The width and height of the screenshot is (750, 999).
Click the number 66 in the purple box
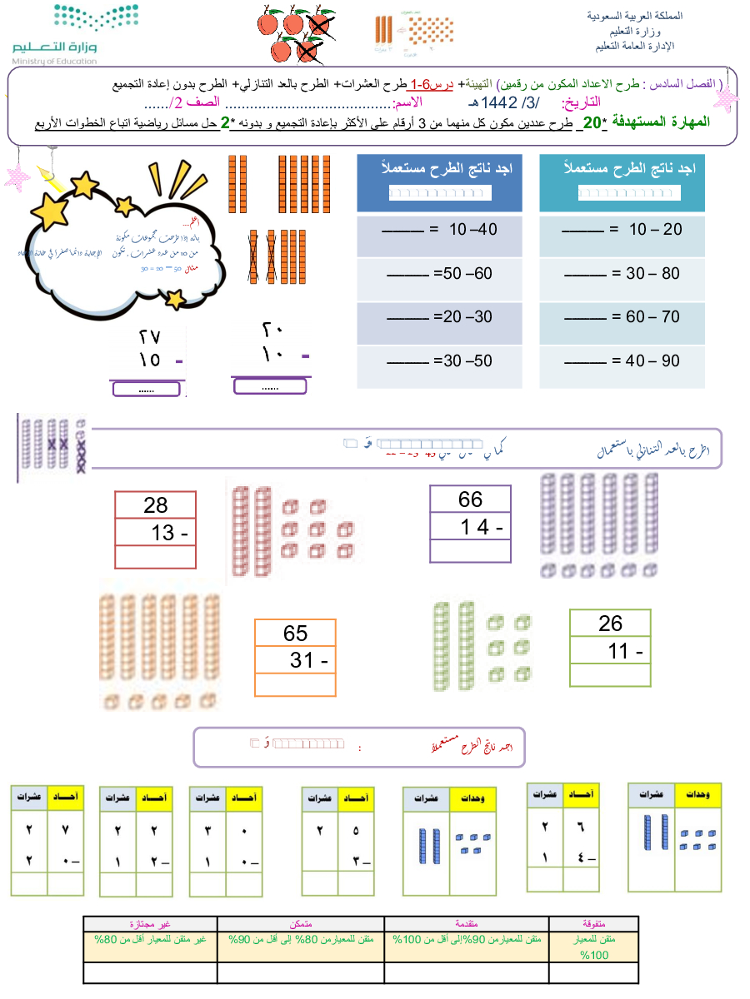pos(470,499)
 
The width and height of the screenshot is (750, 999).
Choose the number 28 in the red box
pos(155,505)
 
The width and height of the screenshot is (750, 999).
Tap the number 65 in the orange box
pos(295,633)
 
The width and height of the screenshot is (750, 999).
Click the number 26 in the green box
pos(610,624)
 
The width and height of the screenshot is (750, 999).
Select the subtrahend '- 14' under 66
pos(482,527)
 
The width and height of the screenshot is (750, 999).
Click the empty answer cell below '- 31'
pos(295,684)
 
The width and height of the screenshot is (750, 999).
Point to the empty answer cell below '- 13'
pos(155,557)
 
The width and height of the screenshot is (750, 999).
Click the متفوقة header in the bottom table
pos(593,923)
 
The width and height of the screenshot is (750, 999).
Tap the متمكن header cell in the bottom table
pos(301,923)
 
